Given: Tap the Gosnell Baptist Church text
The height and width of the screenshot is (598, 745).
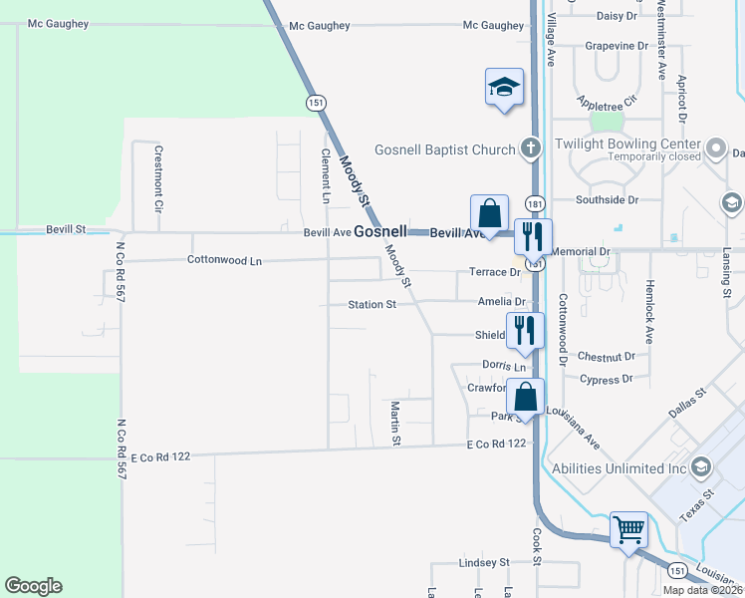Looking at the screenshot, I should (x=444, y=150).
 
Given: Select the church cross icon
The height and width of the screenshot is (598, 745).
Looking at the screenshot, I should (x=531, y=149).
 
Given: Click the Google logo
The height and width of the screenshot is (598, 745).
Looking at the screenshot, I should (x=33, y=586).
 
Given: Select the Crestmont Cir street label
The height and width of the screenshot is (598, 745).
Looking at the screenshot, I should (x=157, y=178).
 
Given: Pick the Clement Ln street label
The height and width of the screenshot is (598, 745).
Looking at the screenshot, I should (x=325, y=176).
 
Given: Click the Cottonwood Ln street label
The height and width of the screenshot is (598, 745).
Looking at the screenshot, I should (x=224, y=260).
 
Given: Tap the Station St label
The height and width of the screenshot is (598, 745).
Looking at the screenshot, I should (x=372, y=304).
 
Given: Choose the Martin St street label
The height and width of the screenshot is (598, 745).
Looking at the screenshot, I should (x=395, y=424).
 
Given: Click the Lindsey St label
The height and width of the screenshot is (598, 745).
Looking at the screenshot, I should (x=484, y=562).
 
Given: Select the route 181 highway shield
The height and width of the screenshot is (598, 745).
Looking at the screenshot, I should (x=535, y=202).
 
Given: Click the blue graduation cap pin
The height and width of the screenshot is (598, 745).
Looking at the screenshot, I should (x=504, y=87).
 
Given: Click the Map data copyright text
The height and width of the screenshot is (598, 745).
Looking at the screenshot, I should (x=702, y=589).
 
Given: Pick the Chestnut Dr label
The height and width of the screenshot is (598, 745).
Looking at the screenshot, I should (x=606, y=356).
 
